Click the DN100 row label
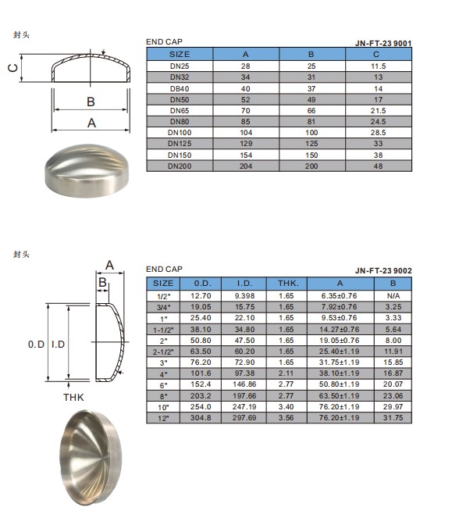pos(180,133)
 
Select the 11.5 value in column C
pos(378,66)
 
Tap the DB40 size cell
pos(180,89)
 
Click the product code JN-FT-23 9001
pos(383,43)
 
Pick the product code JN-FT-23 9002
pos(383,270)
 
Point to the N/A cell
pos(393,295)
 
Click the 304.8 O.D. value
pos(201,417)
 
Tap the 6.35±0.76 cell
pos(339,295)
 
